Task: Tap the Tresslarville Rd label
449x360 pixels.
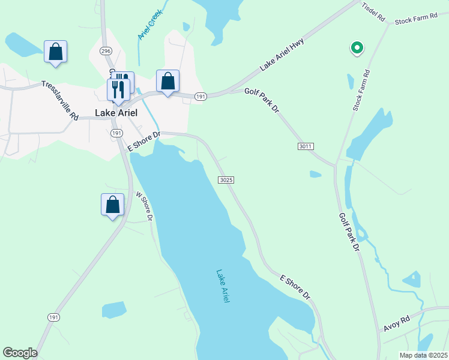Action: pos(60,101)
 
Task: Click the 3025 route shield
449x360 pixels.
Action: pos(226,179)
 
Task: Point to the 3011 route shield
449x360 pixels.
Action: pos(306,146)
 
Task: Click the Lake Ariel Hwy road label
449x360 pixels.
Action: pos(282,55)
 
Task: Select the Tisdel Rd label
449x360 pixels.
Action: pos(372,12)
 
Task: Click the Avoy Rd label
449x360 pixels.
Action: pos(396,324)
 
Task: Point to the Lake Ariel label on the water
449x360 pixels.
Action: pos(222,286)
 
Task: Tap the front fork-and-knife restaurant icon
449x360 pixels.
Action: pos(118,89)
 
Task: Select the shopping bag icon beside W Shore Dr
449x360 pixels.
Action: pos(112,205)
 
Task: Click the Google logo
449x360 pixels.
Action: pos(20,353)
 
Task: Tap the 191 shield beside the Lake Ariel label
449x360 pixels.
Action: pos(116,133)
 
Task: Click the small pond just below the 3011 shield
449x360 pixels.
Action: pos(315,175)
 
